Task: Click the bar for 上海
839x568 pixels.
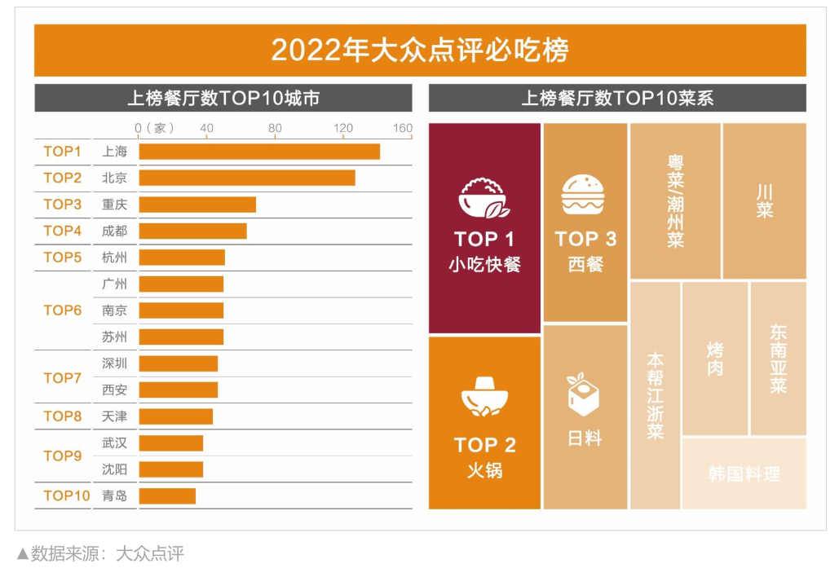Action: click(x=259, y=152)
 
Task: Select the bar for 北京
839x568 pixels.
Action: click(x=247, y=178)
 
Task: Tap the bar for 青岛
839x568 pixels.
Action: click(x=167, y=495)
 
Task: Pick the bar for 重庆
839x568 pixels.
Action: click(x=197, y=205)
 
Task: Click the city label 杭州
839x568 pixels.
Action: click(x=114, y=258)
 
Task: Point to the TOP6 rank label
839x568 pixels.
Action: click(x=63, y=310)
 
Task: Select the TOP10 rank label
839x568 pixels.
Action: click(x=67, y=495)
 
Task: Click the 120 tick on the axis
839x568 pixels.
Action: click(x=343, y=128)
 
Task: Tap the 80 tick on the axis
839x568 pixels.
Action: click(x=275, y=128)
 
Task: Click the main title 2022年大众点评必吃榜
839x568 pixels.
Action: click(x=420, y=51)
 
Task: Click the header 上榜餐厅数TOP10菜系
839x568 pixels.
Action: click(x=617, y=99)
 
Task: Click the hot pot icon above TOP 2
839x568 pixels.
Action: click(x=484, y=397)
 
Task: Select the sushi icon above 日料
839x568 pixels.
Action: click(x=584, y=397)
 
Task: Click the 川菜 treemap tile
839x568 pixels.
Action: click(x=764, y=200)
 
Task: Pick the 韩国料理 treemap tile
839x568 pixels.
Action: click(x=744, y=473)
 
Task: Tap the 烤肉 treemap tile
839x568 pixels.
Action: click(x=714, y=359)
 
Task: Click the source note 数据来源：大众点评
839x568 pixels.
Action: click(x=101, y=553)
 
